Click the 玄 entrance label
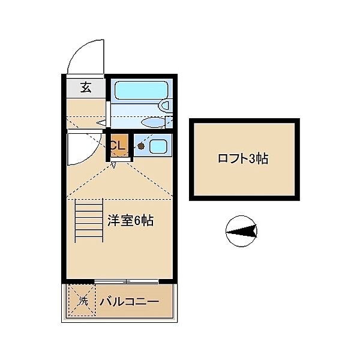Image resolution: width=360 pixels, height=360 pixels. tap(85, 88)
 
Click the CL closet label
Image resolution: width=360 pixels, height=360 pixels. tap(118, 145)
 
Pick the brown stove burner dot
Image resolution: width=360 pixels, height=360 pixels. tap(140, 145)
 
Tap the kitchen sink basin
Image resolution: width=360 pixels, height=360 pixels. tap(157, 145)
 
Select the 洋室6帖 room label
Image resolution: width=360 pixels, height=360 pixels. tap(130, 220)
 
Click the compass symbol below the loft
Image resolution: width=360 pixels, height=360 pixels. tap(241, 231)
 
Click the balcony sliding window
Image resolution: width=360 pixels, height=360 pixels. tap(127, 281)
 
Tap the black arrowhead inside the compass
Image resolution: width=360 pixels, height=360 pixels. tap(244, 231)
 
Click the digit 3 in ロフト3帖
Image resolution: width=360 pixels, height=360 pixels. tap(254, 159)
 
